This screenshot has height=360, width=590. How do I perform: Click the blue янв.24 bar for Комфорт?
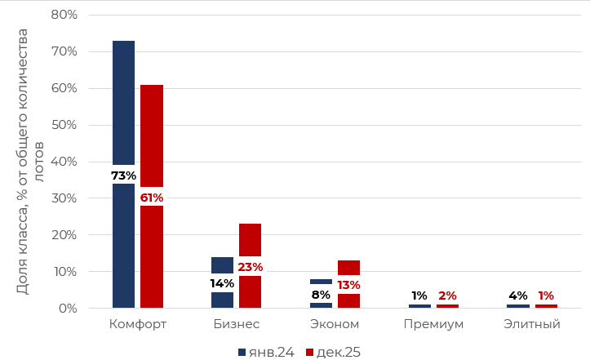(123, 98)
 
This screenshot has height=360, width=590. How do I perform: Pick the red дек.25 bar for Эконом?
(348, 269)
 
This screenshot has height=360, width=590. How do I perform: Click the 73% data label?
(123, 176)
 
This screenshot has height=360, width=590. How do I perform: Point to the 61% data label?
(152, 198)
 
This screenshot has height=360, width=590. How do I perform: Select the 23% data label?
(250, 267)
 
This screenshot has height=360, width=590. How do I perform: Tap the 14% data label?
(222, 283)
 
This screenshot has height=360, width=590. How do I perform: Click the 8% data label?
(321, 295)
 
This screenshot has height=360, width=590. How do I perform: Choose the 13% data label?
(348, 285)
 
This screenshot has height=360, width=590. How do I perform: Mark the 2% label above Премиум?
(447, 296)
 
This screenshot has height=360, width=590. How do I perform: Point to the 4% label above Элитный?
(518, 296)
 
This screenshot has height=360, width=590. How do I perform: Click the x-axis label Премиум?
(433, 324)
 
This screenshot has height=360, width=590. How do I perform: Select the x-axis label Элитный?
(532, 324)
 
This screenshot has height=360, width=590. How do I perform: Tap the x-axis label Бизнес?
(236, 324)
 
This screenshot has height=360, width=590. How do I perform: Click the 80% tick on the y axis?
(64, 15)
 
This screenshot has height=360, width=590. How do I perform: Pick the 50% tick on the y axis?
(64, 125)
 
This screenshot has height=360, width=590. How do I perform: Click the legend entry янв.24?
(265, 352)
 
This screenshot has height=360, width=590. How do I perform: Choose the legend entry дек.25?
(333, 352)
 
